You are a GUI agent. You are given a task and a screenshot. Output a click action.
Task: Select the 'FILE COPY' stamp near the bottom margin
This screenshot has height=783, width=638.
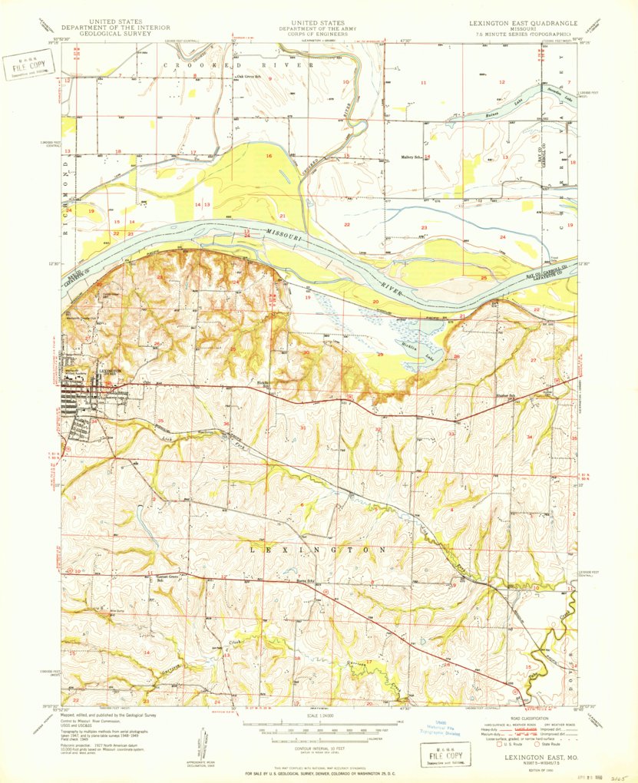coord(438,753)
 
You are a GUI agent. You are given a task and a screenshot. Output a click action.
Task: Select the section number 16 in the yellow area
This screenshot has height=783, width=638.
coord(269,156)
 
